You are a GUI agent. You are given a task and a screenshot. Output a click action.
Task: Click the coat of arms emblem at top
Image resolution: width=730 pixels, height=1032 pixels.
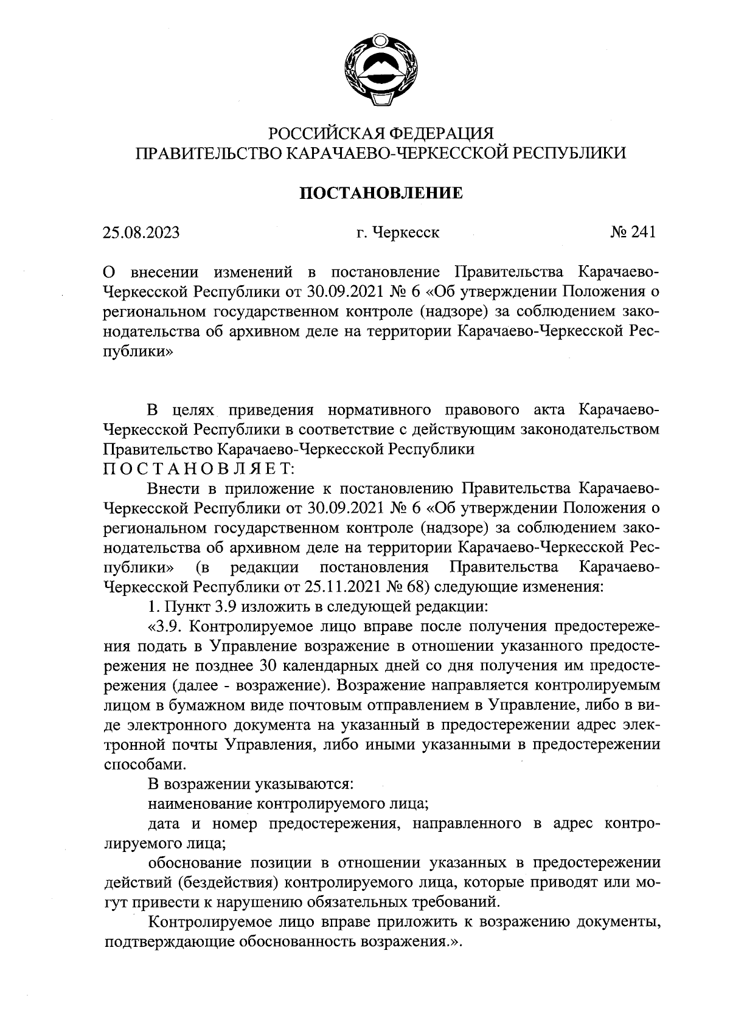(x=379, y=73)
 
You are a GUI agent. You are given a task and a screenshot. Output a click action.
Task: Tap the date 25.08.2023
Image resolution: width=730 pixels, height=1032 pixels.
(x=142, y=232)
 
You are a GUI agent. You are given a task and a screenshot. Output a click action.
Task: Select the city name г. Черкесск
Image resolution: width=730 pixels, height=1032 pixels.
(x=398, y=232)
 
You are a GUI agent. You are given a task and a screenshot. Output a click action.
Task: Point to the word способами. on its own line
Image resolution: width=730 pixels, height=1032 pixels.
(x=143, y=764)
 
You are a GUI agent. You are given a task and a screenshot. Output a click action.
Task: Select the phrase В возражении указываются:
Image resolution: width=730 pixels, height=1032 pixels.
(x=251, y=784)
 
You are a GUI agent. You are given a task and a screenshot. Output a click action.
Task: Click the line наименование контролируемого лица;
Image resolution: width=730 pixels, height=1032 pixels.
(x=289, y=804)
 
